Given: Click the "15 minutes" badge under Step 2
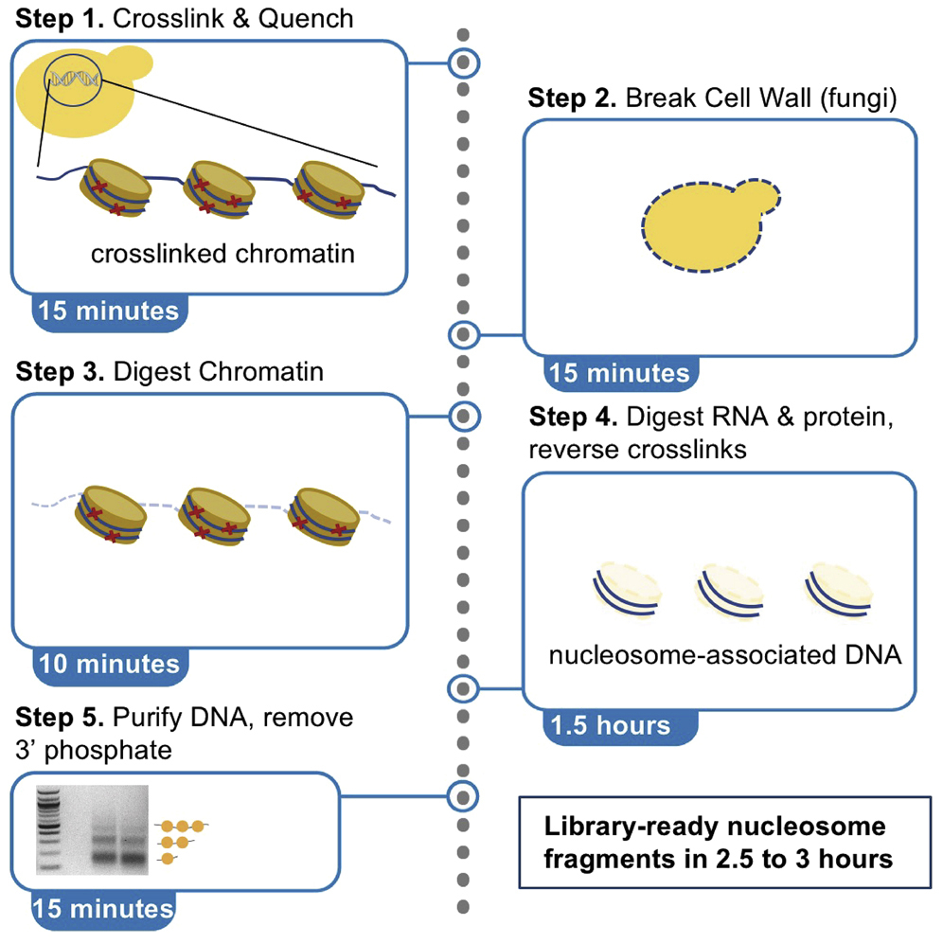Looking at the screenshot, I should coord(620,373).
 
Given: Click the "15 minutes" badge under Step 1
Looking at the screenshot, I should coord(106,310).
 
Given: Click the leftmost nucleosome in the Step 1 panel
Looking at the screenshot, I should coord(109,187).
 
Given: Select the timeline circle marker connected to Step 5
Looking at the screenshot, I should coord(463,793).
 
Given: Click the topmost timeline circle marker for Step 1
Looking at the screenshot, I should coord(463,63).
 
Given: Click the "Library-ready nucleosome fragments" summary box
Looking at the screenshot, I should coord(718,843).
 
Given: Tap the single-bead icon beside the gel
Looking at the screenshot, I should coord(168,858).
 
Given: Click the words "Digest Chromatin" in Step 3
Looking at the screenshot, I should coord(218,372).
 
